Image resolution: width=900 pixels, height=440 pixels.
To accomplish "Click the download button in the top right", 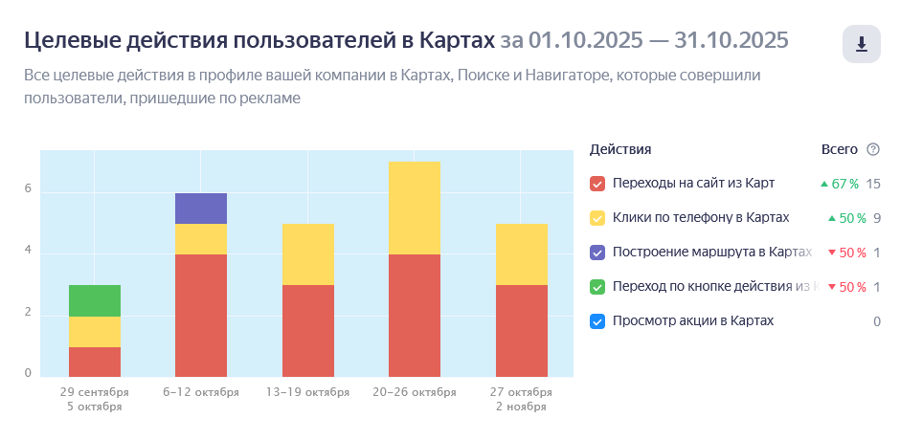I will pos(861,44).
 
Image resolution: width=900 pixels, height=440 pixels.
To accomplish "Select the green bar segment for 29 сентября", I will pos(95,300).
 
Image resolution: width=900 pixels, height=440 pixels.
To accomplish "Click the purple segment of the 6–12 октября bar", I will pos(201,209).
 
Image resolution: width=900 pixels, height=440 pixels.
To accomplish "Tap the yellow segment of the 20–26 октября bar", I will pos(415,208).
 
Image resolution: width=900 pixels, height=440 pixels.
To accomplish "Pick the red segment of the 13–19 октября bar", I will pos(307,330).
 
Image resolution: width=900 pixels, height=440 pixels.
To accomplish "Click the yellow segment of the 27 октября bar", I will pos(521,253).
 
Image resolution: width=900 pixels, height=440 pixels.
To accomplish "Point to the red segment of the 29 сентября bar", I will pos(95,361).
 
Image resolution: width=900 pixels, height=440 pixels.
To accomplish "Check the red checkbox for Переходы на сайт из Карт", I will pos(597,184).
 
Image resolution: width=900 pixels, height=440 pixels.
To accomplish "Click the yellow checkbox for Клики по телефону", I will pos(597,218).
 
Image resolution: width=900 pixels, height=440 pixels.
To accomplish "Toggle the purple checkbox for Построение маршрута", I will pos(597,253).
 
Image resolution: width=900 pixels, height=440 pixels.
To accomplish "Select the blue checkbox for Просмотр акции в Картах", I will pos(597,321).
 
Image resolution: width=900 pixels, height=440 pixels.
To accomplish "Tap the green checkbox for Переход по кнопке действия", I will pos(597,287).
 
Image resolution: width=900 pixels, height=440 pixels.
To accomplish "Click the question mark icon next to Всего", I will pos(872,149).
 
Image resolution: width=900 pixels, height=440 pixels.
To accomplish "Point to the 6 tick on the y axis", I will pos(28,189).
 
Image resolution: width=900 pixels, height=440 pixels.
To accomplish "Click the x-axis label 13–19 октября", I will pos(307,392).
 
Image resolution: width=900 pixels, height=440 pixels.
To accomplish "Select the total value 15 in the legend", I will pos(872,184).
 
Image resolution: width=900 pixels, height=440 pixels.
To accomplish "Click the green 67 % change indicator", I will pos(839,184).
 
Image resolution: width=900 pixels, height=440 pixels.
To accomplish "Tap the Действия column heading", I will pos(620,149).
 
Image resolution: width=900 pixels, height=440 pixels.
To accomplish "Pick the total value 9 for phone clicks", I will pos(876,218).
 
